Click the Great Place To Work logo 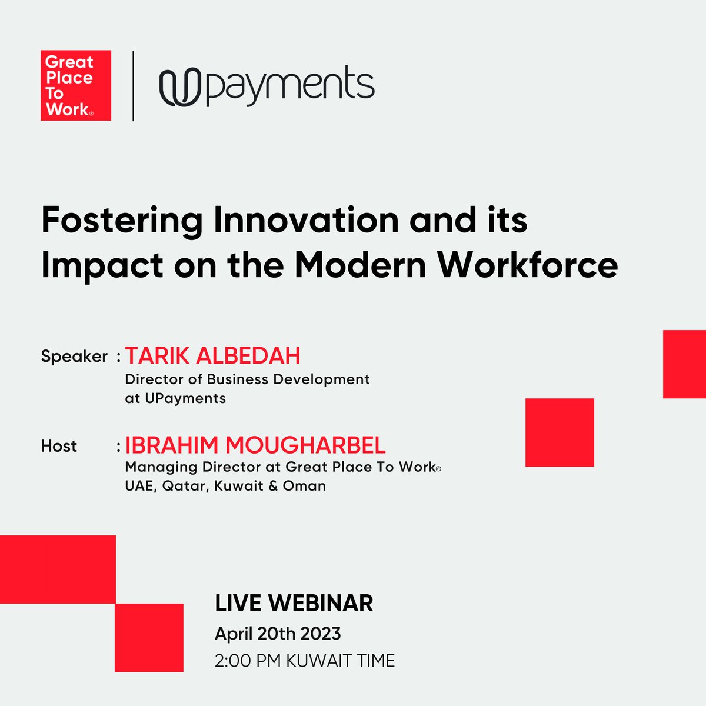[76, 85]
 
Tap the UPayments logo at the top [267, 86]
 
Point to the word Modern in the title [360, 265]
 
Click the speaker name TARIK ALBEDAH [213, 356]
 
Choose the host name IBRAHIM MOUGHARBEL [255, 445]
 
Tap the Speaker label [74, 357]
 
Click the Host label [59, 446]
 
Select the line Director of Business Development [247, 379]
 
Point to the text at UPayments [175, 398]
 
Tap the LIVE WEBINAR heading [294, 604]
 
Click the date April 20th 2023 [278, 634]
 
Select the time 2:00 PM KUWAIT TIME [305, 661]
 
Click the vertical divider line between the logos [134, 86]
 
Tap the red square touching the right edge [684, 364]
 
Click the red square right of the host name [560, 432]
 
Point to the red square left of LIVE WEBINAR [149, 638]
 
